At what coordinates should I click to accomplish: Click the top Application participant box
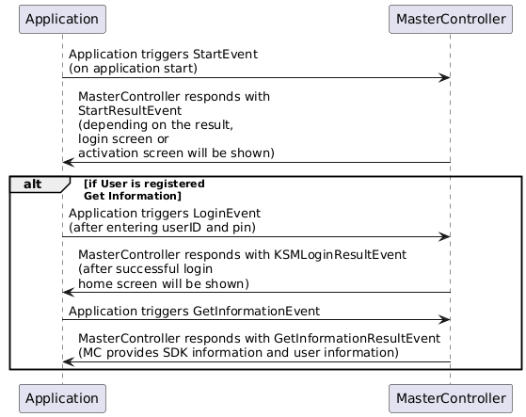click(62, 19)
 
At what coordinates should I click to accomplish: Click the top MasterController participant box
click(451, 19)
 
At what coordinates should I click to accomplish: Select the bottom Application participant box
click(62, 398)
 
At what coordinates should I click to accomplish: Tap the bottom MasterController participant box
click(451, 398)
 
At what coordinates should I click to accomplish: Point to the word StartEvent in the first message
click(225, 54)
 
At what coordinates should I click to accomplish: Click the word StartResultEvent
click(130, 110)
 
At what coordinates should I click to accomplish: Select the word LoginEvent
click(227, 214)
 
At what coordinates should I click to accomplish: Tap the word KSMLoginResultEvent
click(340, 255)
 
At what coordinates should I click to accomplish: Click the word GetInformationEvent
click(256, 312)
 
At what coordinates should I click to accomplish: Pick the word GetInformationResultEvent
click(357, 338)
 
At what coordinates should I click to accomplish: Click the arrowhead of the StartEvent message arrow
click(444, 78)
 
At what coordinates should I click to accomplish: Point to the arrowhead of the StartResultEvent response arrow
click(69, 162)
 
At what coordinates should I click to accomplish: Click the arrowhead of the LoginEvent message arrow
click(444, 237)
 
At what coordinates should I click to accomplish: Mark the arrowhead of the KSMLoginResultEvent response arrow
click(69, 292)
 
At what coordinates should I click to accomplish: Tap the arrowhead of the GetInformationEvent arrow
click(444, 319)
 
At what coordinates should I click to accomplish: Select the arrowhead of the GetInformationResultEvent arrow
click(69, 361)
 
